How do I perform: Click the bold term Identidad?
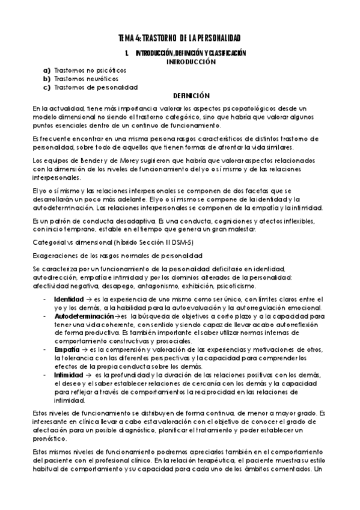(66, 298)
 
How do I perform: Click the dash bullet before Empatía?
(46, 348)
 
